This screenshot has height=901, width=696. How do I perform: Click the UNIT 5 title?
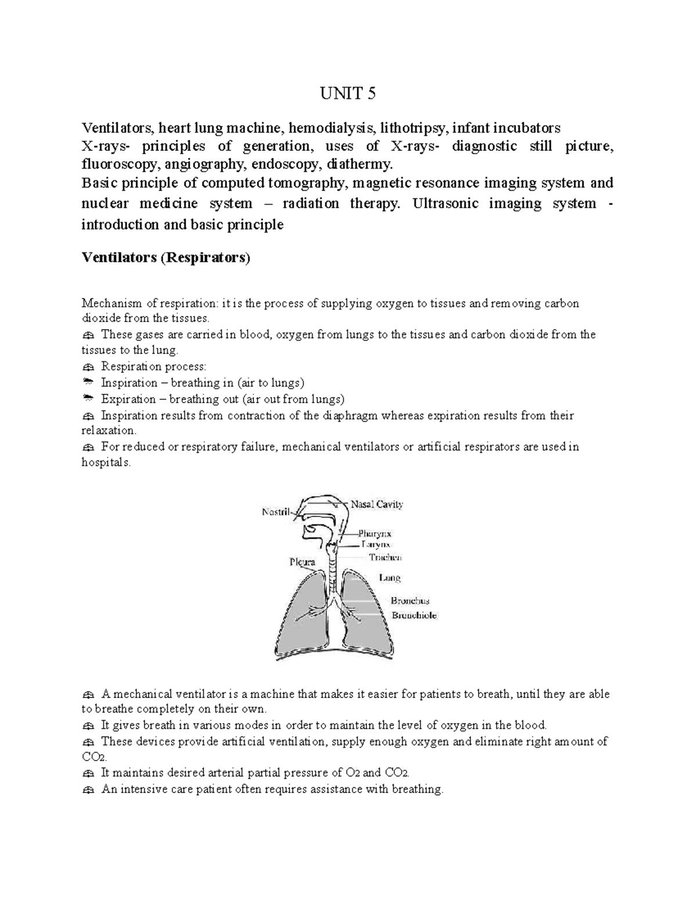(x=348, y=93)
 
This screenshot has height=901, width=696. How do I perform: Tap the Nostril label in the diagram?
(x=276, y=512)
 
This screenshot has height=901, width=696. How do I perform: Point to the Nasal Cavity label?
(x=376, y=504)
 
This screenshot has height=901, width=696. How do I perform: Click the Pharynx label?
(x=375, y=533)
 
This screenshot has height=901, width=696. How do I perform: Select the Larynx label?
(x=376, y=545)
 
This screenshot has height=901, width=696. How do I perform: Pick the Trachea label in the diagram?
(x=385, y=558)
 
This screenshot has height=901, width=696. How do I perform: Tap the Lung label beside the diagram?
(x=390, y=577)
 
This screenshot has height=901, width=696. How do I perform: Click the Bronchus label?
(x=409, y=601)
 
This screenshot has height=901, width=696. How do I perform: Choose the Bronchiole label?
(x=414, y=615)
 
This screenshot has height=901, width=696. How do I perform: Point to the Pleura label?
(x=302, y=562)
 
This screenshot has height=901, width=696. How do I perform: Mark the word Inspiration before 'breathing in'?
(x=129, y=383)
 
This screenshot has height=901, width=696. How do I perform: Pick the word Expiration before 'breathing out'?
(x=128, y=399)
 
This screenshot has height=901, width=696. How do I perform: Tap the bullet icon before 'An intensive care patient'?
(x=88, y=790)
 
